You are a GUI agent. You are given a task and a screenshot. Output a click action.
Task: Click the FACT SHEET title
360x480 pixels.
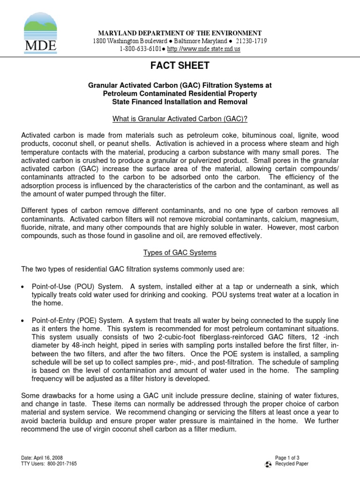pos(180,66)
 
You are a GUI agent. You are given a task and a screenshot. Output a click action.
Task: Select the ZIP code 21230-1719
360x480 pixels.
pos(251,41)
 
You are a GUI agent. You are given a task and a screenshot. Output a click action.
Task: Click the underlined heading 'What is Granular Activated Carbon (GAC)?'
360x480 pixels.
pos(180,120)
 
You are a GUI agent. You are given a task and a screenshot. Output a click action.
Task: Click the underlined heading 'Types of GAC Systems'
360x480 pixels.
pos(180,253)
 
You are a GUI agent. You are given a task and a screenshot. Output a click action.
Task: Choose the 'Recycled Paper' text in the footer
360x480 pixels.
pos(292,464)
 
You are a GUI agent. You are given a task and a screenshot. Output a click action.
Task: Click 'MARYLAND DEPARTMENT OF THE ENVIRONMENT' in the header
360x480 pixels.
pos(180,33)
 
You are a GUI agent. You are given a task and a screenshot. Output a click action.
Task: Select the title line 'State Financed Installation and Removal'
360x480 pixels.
pos(180,102)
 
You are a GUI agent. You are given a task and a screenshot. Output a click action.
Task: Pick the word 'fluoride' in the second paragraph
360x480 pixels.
pos(35,227)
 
